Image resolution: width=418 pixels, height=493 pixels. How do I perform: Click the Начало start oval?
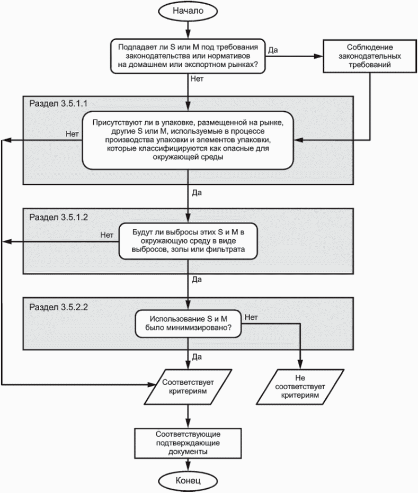[188, 11]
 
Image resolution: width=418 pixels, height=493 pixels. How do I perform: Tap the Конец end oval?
[188, 480]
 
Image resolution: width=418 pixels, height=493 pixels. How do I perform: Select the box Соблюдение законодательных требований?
[370, 56]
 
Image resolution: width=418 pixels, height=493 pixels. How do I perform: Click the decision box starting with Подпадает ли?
[188, 56]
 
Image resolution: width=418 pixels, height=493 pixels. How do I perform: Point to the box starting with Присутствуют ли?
[188, 140]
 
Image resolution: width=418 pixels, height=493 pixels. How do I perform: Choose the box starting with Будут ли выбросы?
[188, 241]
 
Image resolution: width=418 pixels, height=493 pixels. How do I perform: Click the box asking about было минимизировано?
[188, 324]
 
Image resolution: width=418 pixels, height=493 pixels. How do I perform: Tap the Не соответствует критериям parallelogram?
[300, 387]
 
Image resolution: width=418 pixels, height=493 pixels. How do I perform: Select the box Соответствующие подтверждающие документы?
[188, 443]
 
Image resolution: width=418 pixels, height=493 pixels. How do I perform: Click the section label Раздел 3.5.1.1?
[58, 103]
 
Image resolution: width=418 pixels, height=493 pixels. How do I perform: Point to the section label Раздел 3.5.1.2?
[58, 217]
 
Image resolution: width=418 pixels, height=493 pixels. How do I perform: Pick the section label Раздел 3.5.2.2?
[58, 307]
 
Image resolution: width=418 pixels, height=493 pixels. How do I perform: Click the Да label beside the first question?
[273, 50]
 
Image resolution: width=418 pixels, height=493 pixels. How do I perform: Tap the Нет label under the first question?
[197, 79]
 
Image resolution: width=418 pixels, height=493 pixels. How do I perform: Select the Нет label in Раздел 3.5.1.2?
[107, 235]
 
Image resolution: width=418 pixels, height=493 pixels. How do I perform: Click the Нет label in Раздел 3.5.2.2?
[251, 317]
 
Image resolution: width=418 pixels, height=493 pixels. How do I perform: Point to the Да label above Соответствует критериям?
[197, 357]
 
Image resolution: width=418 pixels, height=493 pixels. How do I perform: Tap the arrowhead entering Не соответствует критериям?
[300, 364]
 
